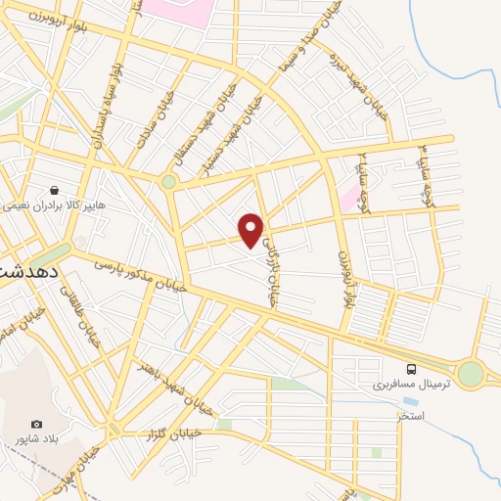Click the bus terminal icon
click(411, 369)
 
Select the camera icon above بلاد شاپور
click(36, 424)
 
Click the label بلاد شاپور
click(39, 440)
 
